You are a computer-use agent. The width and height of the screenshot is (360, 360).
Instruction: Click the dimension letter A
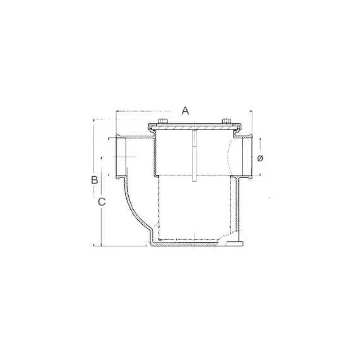click(185, 111)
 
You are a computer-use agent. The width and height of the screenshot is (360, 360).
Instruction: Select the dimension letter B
click(93, 179)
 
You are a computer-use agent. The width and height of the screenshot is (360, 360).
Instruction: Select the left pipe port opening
click(121, 155)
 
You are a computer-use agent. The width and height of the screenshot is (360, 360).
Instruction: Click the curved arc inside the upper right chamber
click(230, 155)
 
